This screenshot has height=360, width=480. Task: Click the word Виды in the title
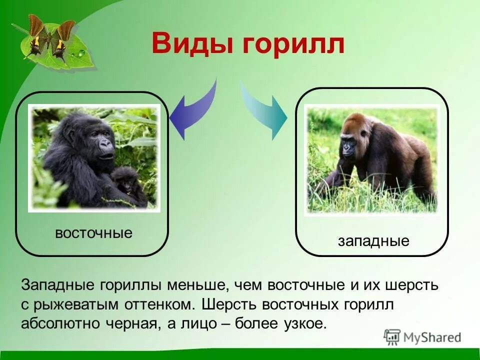pyautogui.click(x=192, y=44)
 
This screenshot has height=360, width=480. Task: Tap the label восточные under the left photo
pyautogui.click(x=93, y=233)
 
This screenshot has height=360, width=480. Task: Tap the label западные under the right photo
pyautogui.click(x=373, y=241)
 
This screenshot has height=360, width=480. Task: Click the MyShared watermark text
pyautogui.click(x=432, y=337)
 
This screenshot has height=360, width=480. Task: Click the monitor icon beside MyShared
pyautogui.click(x=392, y=336)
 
